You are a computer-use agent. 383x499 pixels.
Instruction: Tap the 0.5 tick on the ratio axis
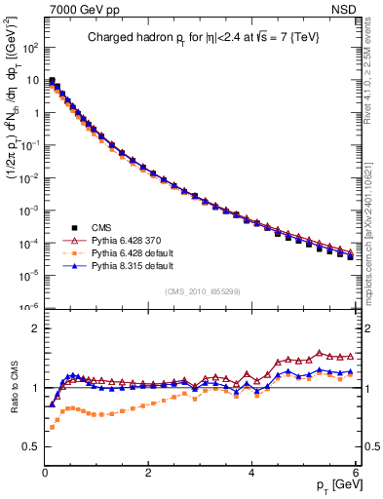29,446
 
